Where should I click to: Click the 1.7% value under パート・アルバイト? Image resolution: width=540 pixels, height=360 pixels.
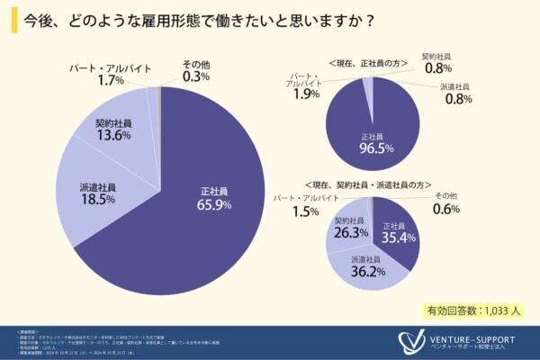85,79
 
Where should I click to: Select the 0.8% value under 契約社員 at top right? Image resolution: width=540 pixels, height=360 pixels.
436,67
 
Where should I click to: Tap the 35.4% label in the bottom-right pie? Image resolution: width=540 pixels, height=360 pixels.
393,238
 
